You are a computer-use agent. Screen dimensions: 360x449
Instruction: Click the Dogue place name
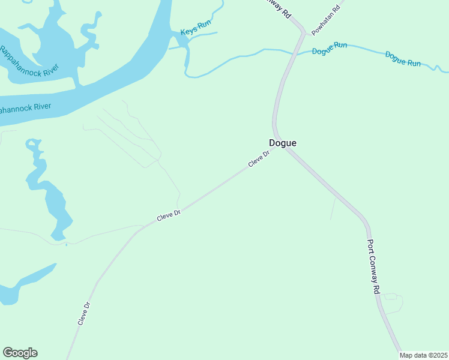point(282,143)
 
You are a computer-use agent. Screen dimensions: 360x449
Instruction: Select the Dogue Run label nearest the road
point(330,48)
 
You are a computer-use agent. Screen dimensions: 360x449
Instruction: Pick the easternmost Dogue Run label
point(403,59)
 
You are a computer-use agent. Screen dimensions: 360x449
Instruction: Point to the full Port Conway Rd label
point(373,268)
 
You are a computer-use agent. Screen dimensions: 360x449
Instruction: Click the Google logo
point(20,353)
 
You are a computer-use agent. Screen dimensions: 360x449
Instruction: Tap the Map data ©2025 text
point(424,355)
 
